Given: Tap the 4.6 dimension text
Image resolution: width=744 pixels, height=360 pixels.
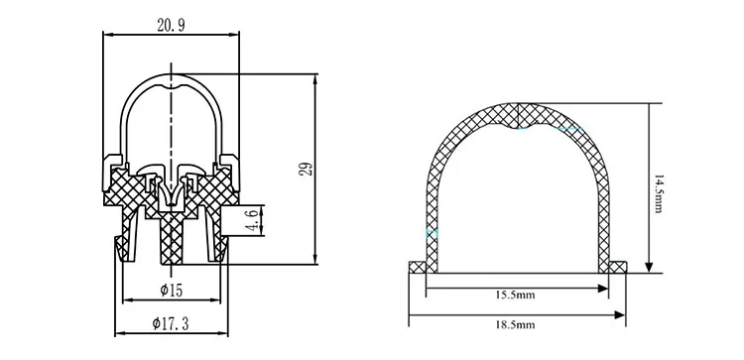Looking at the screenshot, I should [253, 220].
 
